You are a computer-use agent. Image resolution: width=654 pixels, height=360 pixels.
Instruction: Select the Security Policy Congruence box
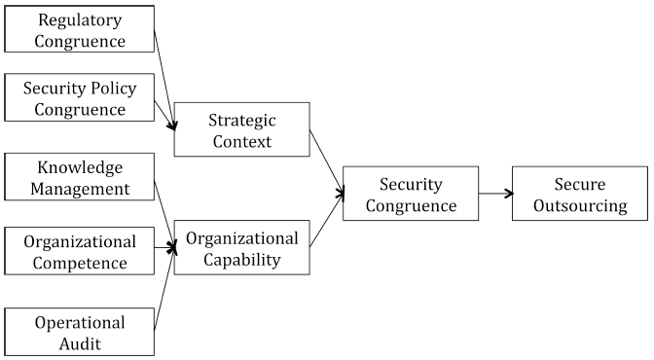coord(80,98)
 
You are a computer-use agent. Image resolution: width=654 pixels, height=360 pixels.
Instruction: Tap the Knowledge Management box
coord(80,177)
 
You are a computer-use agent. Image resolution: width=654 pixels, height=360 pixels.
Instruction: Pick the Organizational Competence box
coord(80,250)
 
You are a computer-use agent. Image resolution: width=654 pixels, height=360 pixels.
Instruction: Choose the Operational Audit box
coord(80,332)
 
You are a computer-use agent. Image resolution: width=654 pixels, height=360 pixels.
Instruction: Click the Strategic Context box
coord(242,129)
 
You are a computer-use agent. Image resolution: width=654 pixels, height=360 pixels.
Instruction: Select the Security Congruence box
coord(411,194)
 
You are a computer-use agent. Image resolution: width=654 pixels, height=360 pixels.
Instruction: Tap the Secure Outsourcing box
coord(579,194)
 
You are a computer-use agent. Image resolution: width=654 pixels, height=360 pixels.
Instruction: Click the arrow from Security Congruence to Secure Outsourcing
coord(495,194)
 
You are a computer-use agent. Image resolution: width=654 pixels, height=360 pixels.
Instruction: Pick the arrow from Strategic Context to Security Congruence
coord(327,162)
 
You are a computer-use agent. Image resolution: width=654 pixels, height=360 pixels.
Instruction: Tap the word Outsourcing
coord(579,205)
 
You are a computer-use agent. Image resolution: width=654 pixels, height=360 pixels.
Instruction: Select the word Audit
coord(80,343)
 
